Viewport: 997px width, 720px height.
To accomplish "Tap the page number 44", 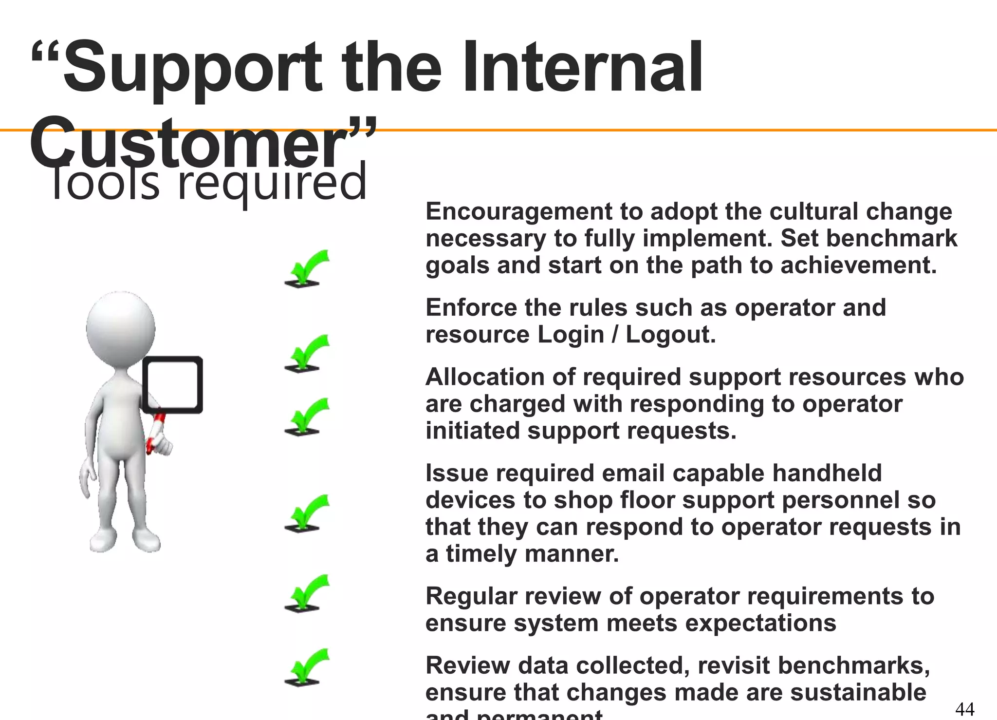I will (x=964, y=708).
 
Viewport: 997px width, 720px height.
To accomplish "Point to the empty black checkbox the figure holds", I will (x=173, y=385).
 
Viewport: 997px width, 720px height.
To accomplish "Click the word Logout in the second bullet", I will (x=670, y=335).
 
